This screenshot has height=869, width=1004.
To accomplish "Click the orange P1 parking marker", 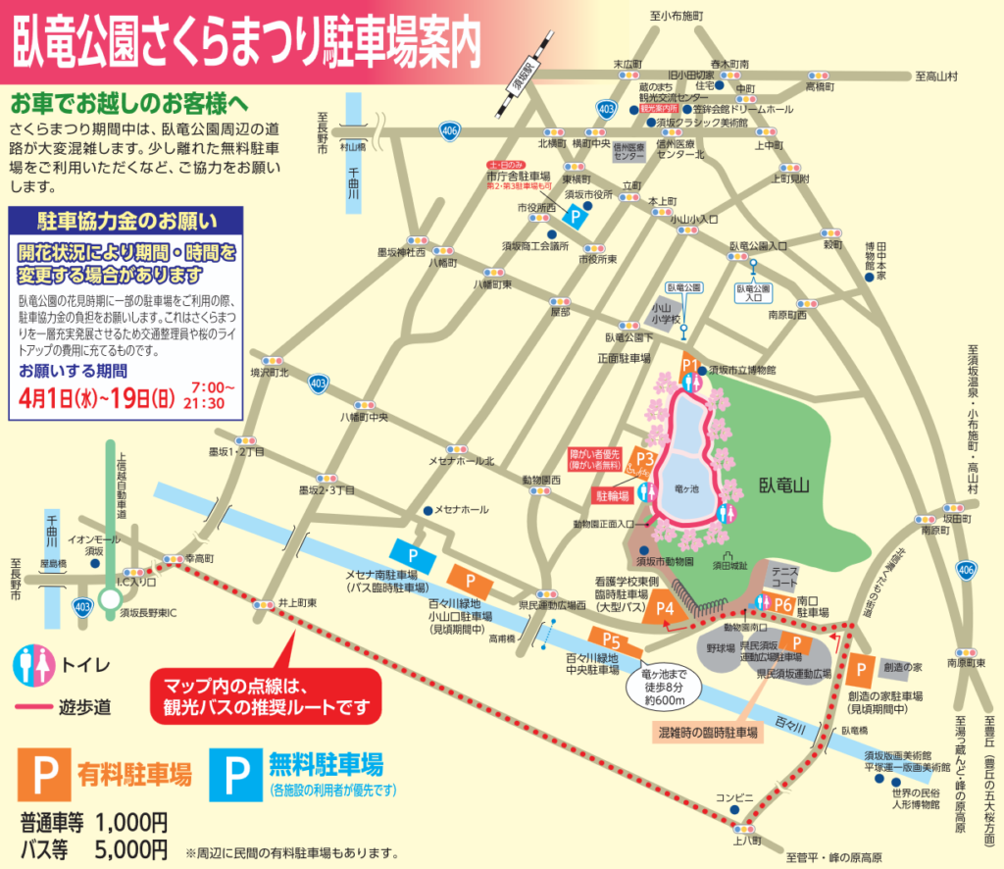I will click(688, 367).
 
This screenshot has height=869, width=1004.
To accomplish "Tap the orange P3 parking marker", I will click(644, 458).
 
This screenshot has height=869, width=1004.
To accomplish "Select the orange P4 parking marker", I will click(665, 608).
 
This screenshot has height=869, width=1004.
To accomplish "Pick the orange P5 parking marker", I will click(609, 643).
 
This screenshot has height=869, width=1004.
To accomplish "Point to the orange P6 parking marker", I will click(782, 604).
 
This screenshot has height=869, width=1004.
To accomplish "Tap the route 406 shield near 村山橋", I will click(449, 129).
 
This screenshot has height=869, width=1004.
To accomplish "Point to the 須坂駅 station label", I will click(525, 75).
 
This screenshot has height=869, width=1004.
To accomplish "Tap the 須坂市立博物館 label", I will click(742, 370).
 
